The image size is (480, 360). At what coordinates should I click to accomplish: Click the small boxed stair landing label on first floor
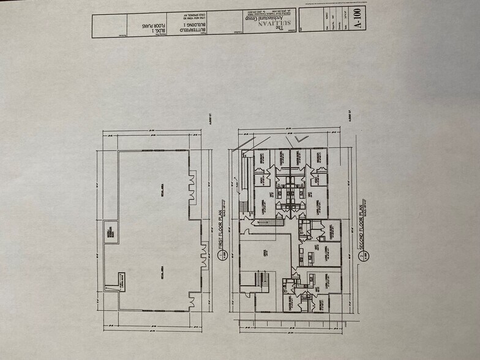(111, 282)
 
